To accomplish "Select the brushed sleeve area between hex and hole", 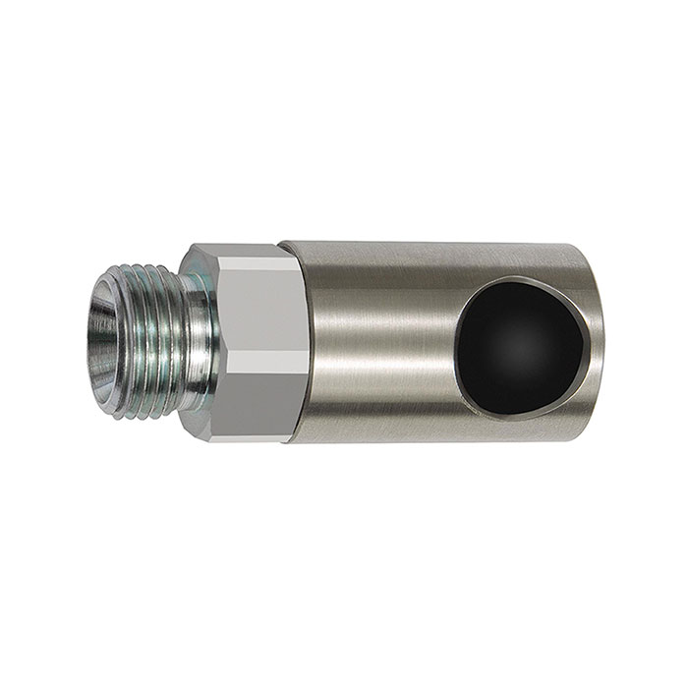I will (373, 339).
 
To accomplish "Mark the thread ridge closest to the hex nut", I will (187, 339).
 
